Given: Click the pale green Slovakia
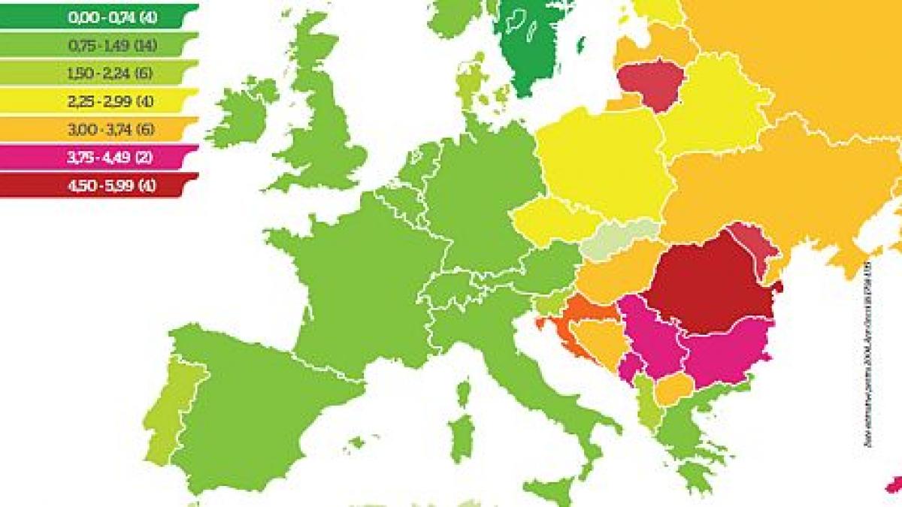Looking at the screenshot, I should point(620,239).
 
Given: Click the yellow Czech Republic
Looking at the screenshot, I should point(552,222).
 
